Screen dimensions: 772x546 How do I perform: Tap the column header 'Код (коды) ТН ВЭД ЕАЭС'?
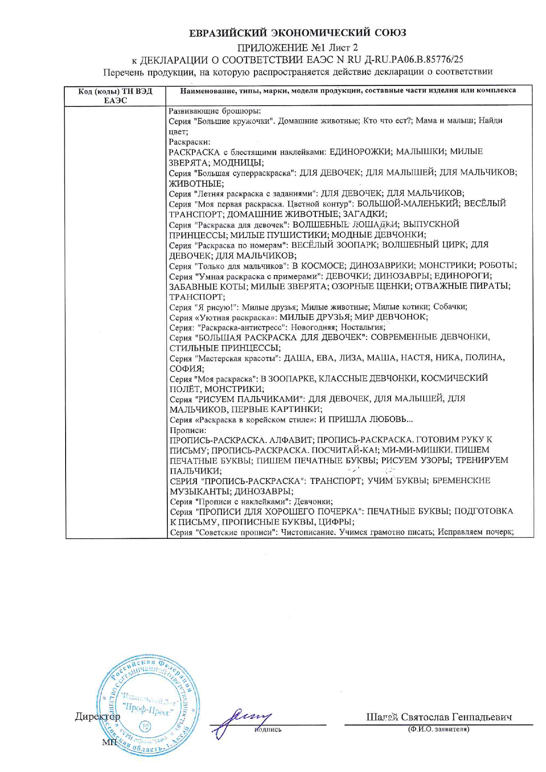[115, 96]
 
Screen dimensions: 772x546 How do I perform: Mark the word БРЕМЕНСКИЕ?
[461, 481]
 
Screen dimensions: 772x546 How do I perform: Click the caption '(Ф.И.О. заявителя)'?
[438, 729]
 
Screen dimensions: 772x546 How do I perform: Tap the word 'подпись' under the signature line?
[268, 730]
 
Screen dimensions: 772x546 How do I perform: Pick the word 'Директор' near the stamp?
[97, 717]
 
